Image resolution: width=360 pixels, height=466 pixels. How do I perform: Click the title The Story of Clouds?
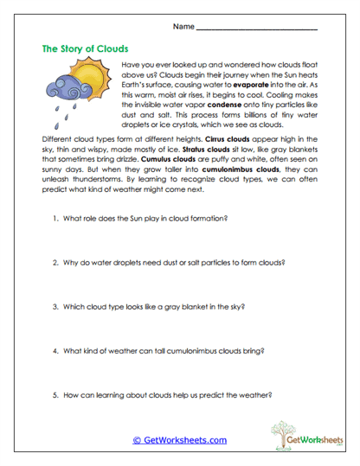pyautogui.click(x=85, y=48)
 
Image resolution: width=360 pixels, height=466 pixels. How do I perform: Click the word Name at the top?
pyautogui.click(x=183, y=27)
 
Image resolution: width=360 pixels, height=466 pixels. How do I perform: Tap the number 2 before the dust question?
pyautogui.click(x=54, y=262)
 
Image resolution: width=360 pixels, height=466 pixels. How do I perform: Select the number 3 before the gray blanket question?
pyautogui.click(x=54, y=306)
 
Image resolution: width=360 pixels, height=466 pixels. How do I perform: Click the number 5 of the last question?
pyautogui.click(x=54, y=395)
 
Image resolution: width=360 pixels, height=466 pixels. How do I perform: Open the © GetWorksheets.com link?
pyautogui.click(x=179, y=440)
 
